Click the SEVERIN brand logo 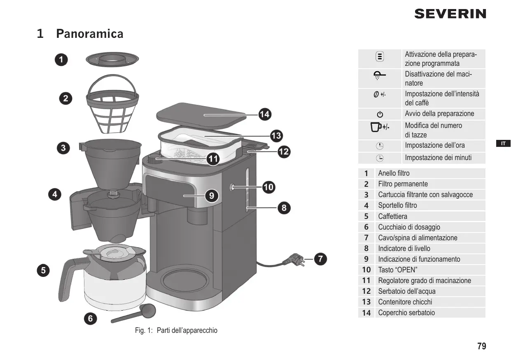point(450,14)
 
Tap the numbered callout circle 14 point(265,114)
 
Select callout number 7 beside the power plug point(320,259)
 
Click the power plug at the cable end point(294,260)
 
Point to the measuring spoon point(134,313)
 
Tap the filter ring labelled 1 point(112,59)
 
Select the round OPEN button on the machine point(232,187)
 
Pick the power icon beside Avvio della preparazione point(380,114)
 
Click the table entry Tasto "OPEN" point(398,270)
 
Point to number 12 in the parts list point(366,291)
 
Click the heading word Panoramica point(90,34)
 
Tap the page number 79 point(482,346)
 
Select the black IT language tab point(503,144)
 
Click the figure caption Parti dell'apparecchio point(187,330)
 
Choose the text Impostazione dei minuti point(438,158)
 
